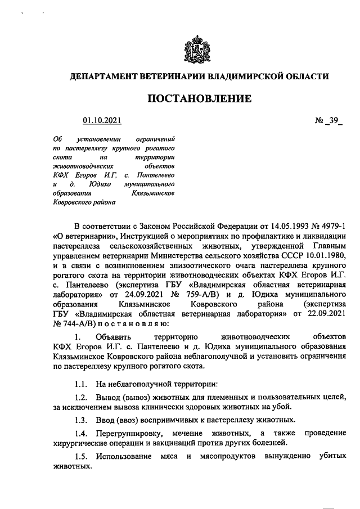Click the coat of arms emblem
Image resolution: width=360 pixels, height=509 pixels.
[199, 49]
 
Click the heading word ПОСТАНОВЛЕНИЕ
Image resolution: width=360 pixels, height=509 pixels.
[199, 99]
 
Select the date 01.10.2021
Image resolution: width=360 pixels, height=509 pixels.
[102, 120]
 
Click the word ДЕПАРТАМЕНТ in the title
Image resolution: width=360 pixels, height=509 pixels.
[107, 76]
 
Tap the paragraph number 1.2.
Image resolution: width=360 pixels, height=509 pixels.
[82, 398]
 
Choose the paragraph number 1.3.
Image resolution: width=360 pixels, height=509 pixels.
[82, 421]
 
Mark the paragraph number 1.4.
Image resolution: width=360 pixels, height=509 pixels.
[82, 434]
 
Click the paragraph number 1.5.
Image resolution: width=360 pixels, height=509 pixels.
[82, 457]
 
